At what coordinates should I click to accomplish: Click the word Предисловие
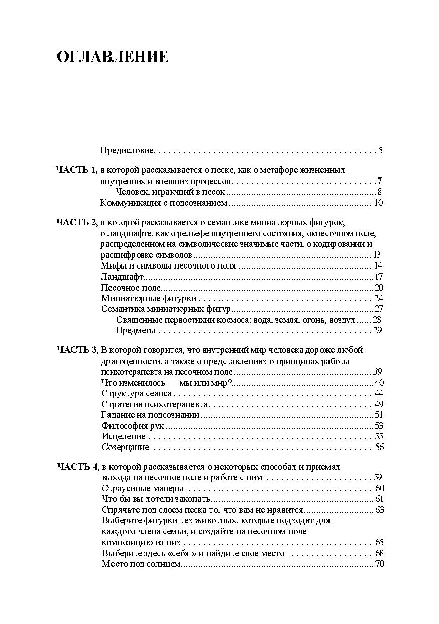pos(127,150)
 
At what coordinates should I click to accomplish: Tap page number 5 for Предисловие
pos(381,150)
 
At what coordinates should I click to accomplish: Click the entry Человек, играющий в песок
pos(170,192)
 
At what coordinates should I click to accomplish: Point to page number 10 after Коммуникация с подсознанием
pos(378,203)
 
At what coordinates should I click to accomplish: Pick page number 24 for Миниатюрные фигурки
pos(379,298)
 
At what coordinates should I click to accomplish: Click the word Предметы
pos(136,330)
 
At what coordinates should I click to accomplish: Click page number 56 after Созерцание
pos(379,447)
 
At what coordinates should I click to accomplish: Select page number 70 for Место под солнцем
pos(379,564)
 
